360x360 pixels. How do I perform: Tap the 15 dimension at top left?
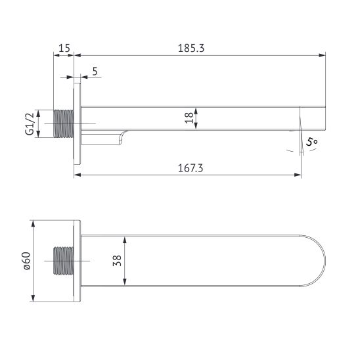pyautogui.click(x=64, y=48)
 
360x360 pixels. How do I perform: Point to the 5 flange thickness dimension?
pyautogui.click(x=96, y=71)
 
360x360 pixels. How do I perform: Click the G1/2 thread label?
pyautogui.click(x=30, y=123)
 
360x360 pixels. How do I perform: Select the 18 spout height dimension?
pyautogui.click(x=189, y=118)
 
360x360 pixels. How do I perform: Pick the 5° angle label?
pyautogui.click(x=311, y=141)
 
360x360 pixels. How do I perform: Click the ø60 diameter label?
pyautogui.click(x=27, y=260)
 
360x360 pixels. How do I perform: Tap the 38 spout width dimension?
pyautogui.click(x=117, y=260)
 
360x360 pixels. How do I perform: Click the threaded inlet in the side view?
pyautogui.click(x=64, y=124)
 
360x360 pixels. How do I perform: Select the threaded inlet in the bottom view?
pyautogui.click(x=64, y=261)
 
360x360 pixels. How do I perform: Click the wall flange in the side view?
pyautogui.click(x=78, y=124)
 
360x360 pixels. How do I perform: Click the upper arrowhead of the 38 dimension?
pyautogui.click(x=125, y=238)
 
